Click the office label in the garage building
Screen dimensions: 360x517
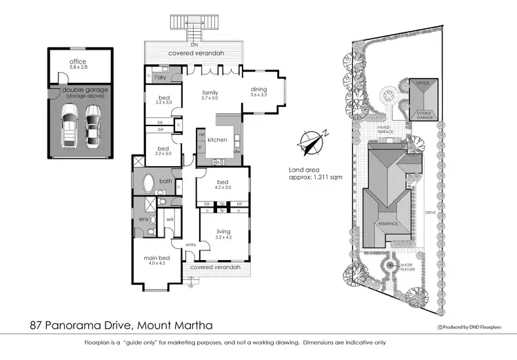point(77,63)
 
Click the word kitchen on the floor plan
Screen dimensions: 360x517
point(218,140)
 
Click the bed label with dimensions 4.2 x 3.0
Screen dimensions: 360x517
point(221,184)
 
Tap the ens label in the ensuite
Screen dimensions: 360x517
point(143,219)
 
